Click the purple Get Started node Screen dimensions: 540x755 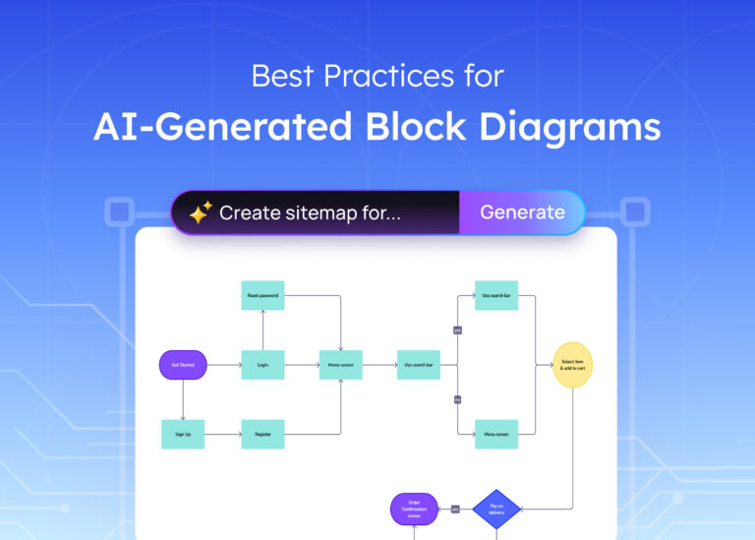[183, 365]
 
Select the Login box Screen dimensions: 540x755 [262, 365]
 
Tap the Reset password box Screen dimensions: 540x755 [262, 295]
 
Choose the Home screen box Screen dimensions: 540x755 [340, 365]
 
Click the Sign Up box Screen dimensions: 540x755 [183, 434]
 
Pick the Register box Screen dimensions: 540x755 [262, 434]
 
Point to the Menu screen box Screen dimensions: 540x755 [496, 434]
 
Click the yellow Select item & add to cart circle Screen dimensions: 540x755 [572, 365]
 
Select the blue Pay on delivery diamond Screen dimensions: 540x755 [496, 509]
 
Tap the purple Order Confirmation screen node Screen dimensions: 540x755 [413, 509]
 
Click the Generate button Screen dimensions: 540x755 [522, 212]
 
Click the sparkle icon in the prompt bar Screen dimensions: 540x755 [201, 213]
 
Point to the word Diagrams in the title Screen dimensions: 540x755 [588, 127]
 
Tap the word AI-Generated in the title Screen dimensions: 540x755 [222, 127]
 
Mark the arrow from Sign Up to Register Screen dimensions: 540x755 [222, 434]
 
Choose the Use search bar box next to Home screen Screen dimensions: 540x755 [418, 365]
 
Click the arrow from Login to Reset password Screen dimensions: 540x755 [262, 330]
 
